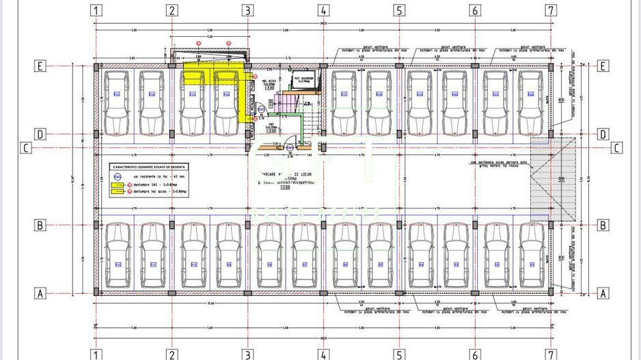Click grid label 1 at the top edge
pyautogui.click(x=97, y=10)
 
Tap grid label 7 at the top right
pyautogui.click(x=549, y=10)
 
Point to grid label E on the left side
pyautogui.click(x=40, y=66)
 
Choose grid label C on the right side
pyautogui.click(x=616, y=148)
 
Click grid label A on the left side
pyautogui.click(x=40, y=293)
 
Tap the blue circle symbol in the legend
pyautogui.click(x=117, y=176)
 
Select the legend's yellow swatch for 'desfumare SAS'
pyautogui.click(x=117, y=184)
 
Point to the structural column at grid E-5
pyautogui.click(x=398, y=66)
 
